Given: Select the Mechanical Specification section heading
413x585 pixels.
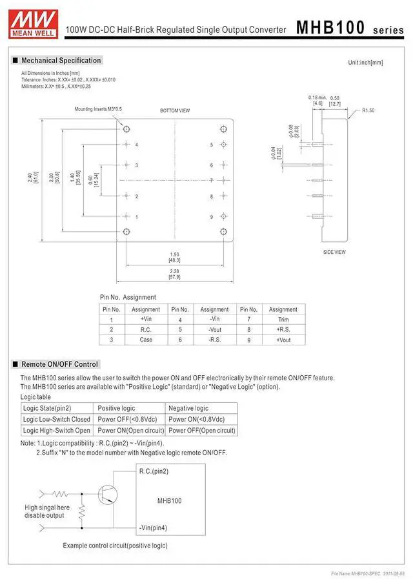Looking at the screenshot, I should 61,61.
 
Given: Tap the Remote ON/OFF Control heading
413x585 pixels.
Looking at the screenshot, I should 59,364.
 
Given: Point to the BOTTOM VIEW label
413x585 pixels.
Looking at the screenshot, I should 175,111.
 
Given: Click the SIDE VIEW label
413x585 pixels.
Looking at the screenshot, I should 334,252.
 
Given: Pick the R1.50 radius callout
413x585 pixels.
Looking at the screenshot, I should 368,110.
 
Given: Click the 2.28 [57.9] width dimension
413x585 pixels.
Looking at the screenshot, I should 174,274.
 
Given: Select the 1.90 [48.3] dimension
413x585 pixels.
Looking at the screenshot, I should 174,256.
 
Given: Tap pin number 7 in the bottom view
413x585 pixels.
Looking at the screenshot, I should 211,180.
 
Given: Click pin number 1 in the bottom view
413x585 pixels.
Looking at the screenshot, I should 136,217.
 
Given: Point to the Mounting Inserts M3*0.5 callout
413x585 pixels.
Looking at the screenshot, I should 98,109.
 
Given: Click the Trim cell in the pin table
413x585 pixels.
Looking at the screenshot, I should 283,319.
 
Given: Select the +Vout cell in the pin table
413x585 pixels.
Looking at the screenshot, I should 283,340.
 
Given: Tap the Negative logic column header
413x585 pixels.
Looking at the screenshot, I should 188,408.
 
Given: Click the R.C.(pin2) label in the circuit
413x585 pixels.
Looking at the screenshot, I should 154,471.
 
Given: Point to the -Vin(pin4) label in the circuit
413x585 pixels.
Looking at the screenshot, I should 153,528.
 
